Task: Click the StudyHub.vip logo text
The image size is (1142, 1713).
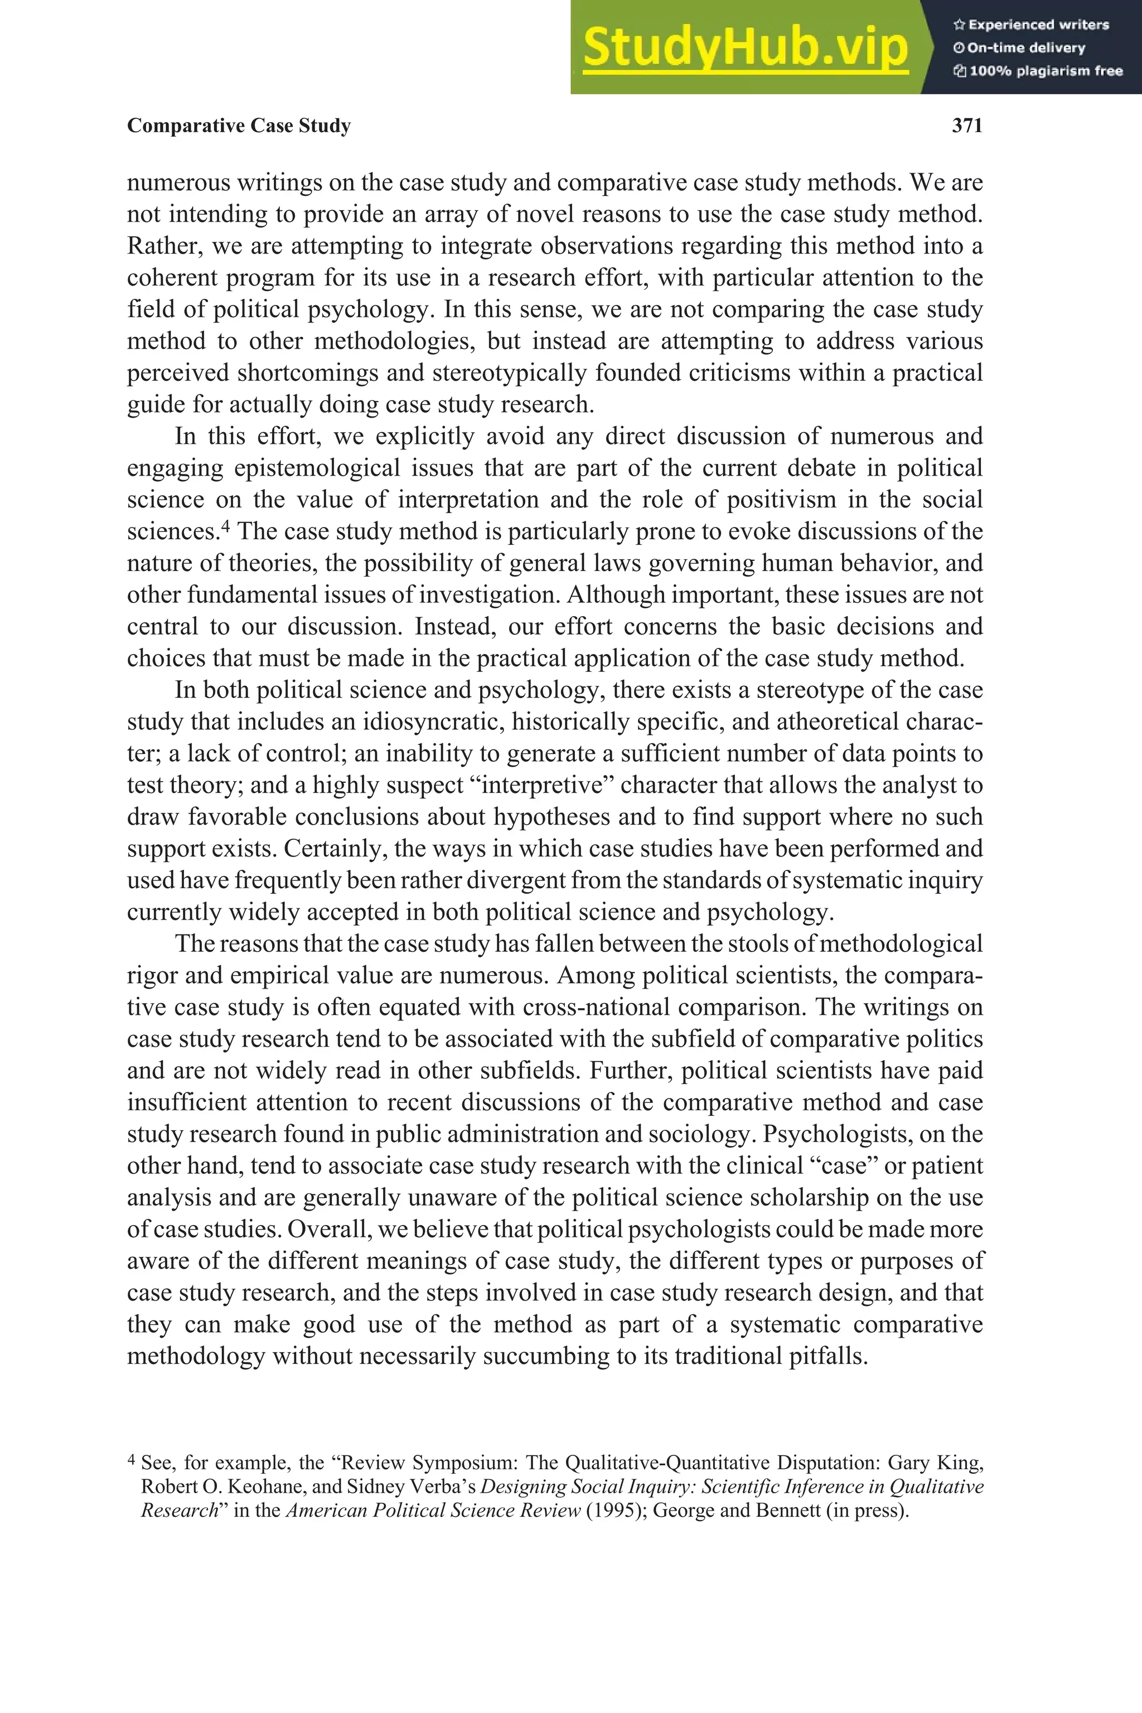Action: [745, 47]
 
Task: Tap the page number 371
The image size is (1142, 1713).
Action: [967, 126]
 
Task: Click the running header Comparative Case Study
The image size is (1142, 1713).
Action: [239, 126]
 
